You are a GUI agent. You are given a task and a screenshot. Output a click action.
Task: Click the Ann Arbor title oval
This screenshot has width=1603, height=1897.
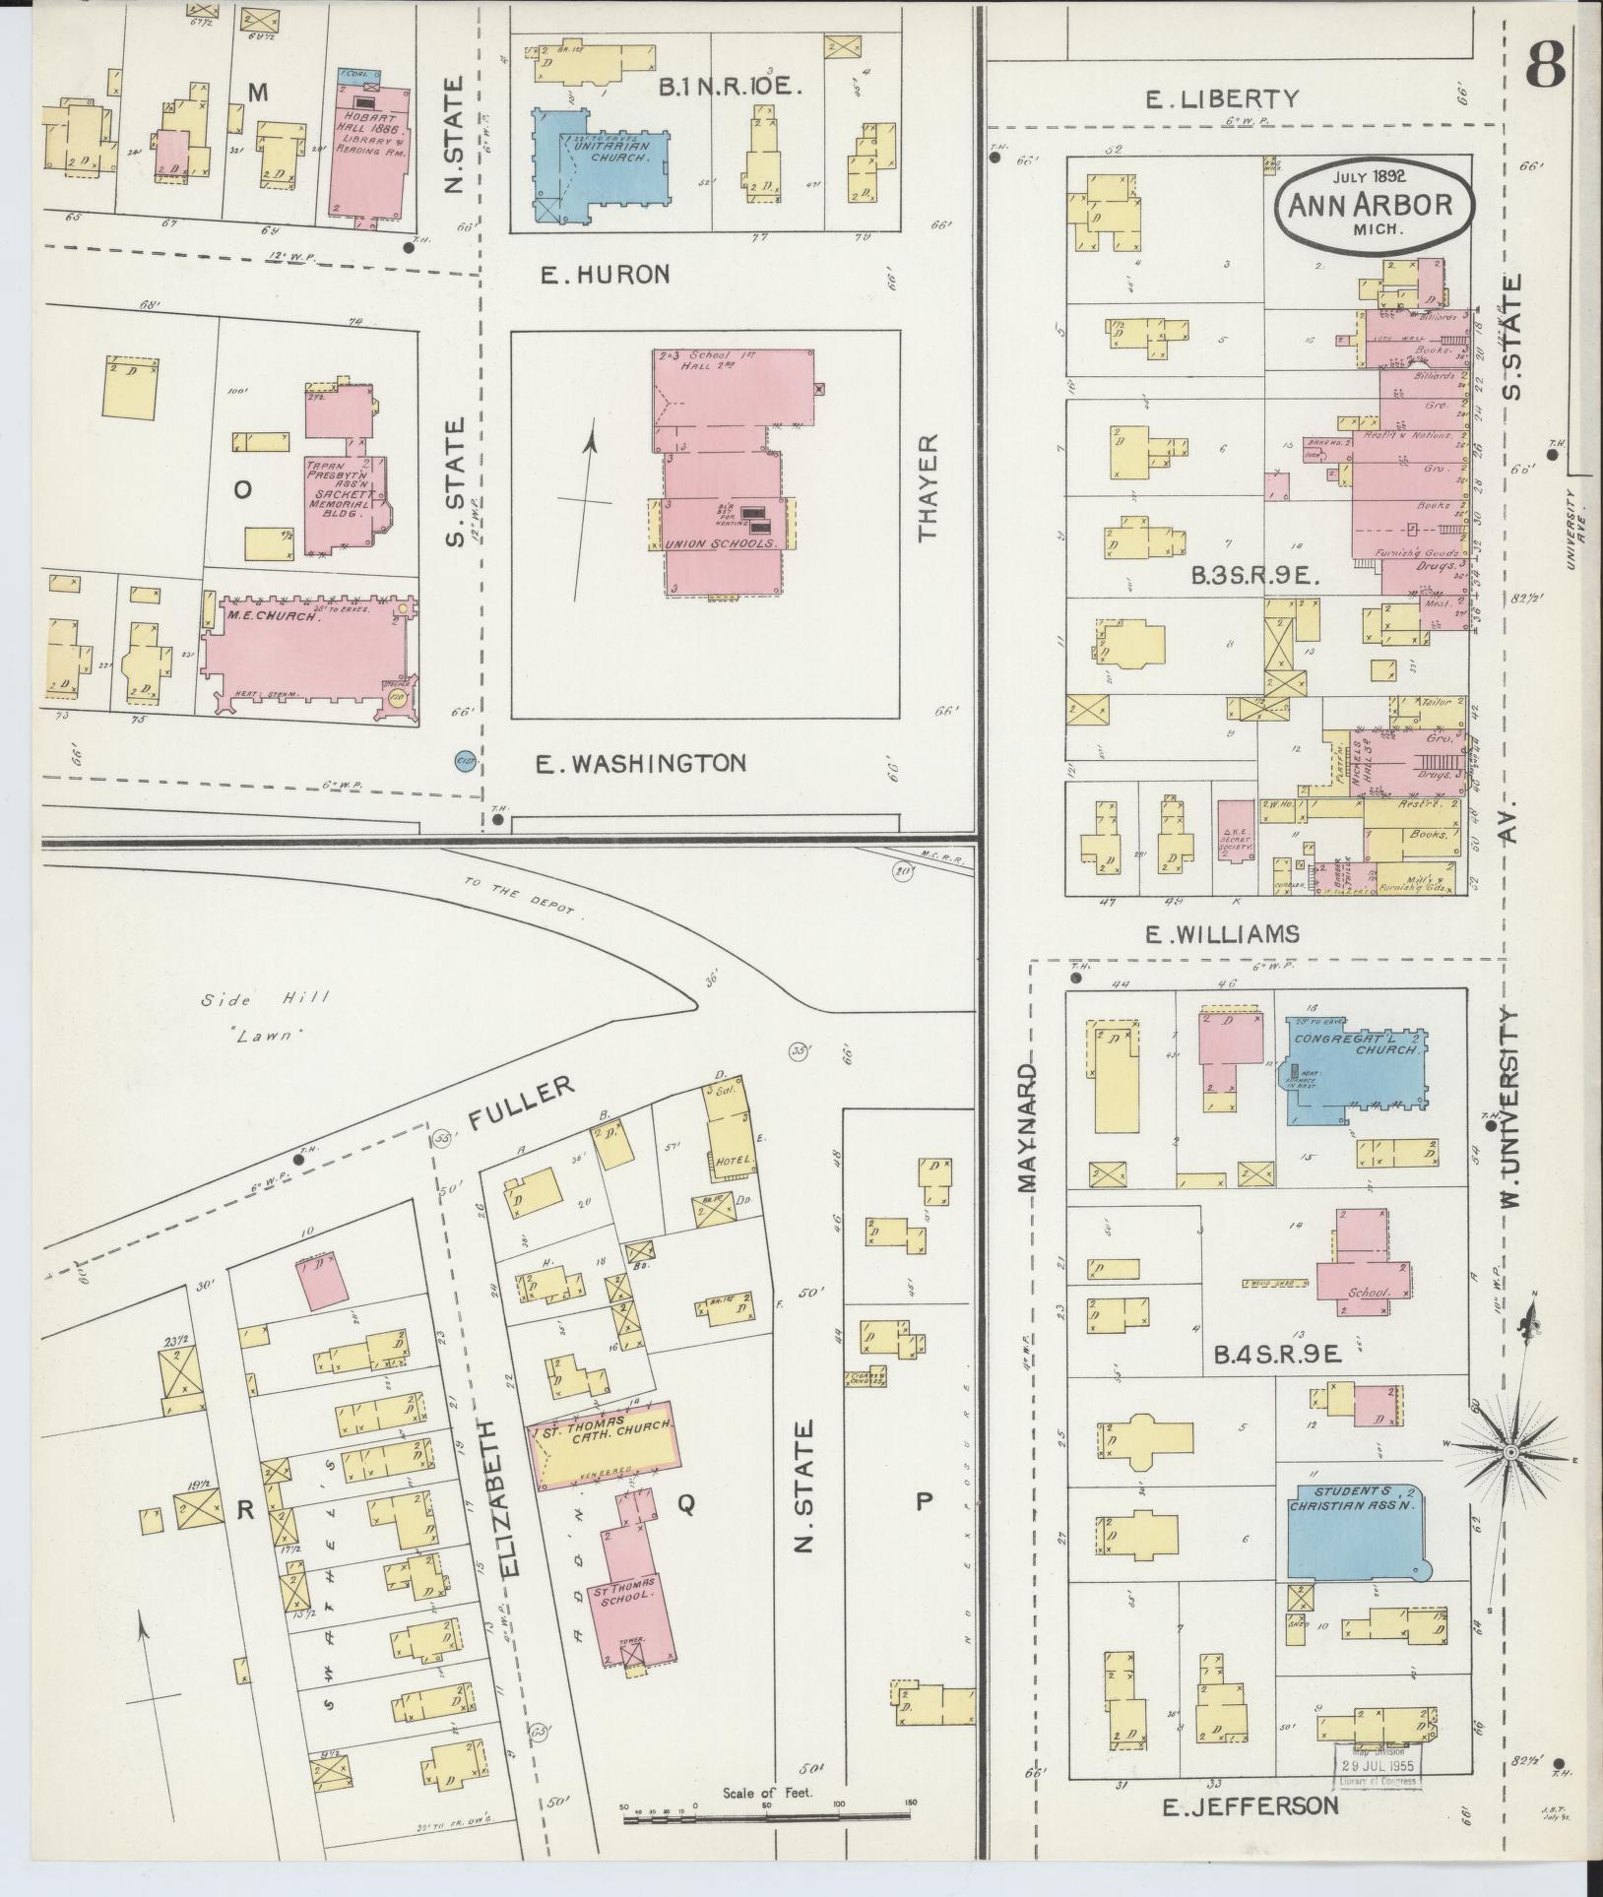[x=1377, y=205]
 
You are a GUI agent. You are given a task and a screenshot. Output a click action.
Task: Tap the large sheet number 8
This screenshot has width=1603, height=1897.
[x=1547, y=65]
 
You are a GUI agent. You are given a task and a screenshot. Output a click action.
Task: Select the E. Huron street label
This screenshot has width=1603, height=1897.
[x=605, y=275]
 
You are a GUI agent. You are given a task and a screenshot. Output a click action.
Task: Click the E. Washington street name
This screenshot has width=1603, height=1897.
[x=640, y=763]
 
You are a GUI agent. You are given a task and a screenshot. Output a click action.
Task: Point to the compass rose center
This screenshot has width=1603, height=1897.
[x=1509, y=1452]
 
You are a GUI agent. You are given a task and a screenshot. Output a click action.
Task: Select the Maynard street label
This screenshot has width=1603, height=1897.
[x=1028, y=1127]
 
